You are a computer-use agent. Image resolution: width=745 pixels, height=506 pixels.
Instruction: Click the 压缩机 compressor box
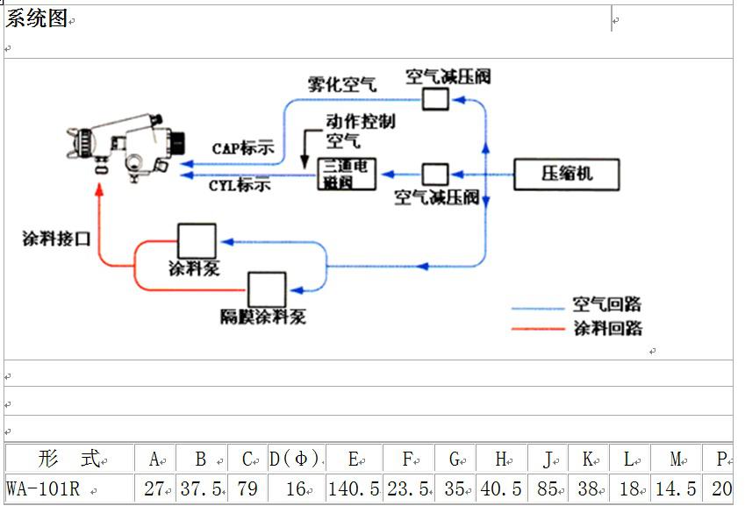pyautogui.click(x=567, y=175)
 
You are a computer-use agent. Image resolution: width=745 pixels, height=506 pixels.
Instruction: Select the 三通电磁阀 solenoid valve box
pyautogui.click(x=347, y=175)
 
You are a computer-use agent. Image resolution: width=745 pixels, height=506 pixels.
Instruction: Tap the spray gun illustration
pyautogui.click(x=126, y=147)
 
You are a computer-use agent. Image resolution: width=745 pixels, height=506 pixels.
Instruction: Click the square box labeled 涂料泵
pyautogui.click(x=197, y=241)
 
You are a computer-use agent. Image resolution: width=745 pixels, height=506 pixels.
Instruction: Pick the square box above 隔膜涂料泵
pyautogui.click(x=266, y=289)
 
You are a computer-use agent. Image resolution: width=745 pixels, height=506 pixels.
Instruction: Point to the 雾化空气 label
pyautogui.click(x=342, y=85)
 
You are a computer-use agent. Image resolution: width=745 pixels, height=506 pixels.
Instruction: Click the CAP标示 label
pyautogui.click(x=243, y=148)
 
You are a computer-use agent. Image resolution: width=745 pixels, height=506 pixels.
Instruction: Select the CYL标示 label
pyautogui.click(x=240, y=186)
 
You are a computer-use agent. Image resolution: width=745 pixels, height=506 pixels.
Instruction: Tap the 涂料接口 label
pyautogui.click(x=57, y=239)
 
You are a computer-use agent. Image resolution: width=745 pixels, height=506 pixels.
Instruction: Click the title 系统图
pyautogui.click(x=37, y=19)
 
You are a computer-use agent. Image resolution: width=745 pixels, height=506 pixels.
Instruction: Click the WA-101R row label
pyautogui.click(x=43, y=488)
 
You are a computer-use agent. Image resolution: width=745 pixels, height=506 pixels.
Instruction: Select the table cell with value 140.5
pyautogui.click(x=354, y=488)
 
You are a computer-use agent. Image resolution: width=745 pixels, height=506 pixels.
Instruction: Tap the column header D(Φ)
pyautogui.click(x=294, y=459)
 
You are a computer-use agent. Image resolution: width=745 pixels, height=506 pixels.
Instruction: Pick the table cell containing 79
pyautogui.click(x=247, y=488)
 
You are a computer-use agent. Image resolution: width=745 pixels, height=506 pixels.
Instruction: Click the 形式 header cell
pyautogui.click(x=70, y=459)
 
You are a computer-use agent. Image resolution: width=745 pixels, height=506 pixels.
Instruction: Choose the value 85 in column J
pyautogui.click(x=547, y=488)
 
